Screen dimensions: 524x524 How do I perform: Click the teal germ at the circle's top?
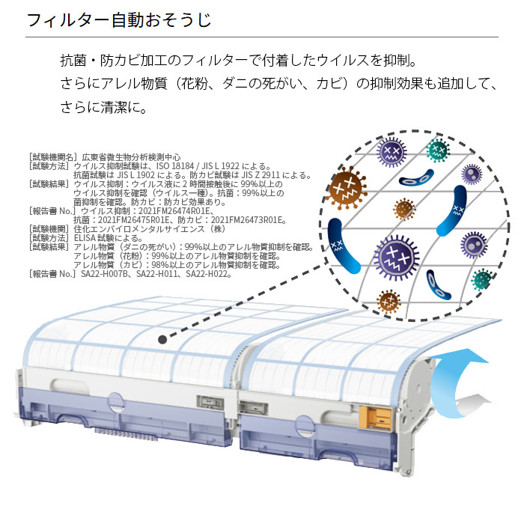[438, 150]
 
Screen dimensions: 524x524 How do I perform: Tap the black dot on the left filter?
[163, 339]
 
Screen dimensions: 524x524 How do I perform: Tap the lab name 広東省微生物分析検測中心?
[127, 157]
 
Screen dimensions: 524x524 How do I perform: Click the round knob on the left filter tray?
[115, 404]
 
